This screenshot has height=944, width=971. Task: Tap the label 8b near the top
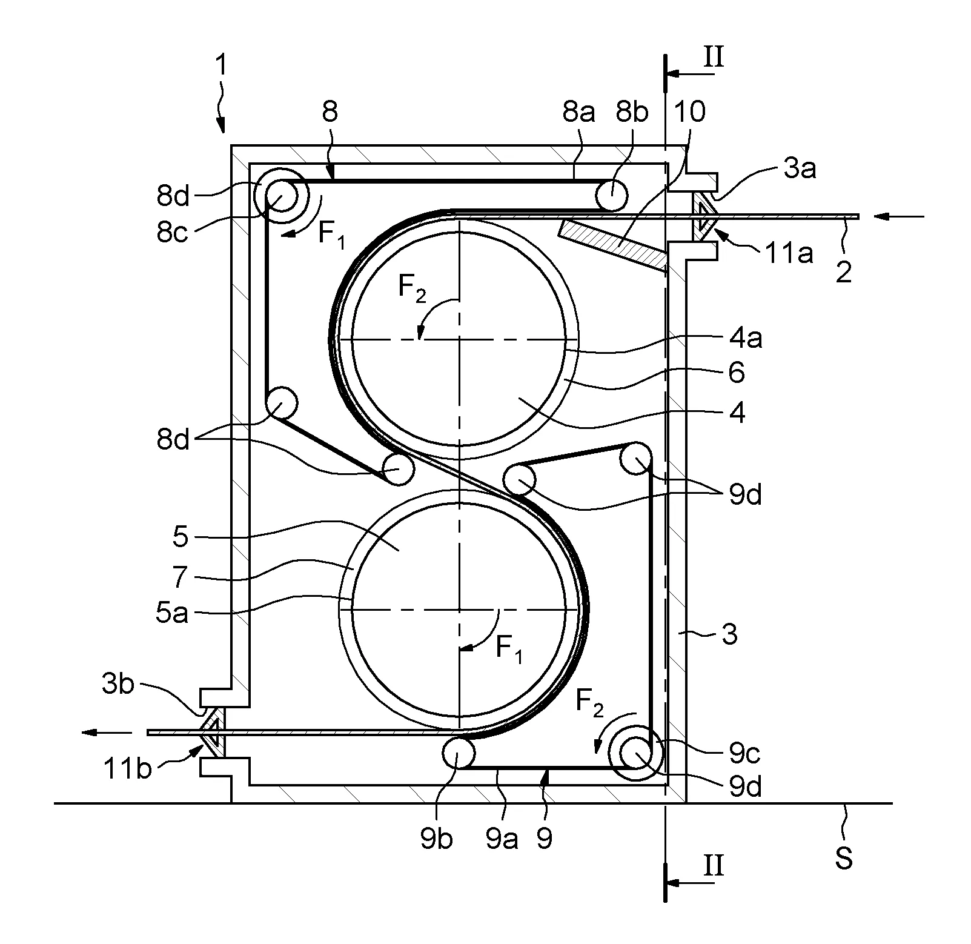(631, 112)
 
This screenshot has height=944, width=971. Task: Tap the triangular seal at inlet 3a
(705, 216)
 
